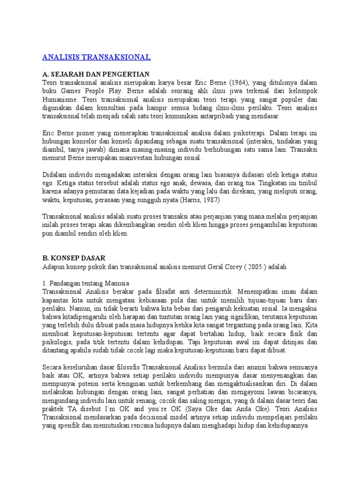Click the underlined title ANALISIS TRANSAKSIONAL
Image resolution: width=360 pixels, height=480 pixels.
click(x=97, y=57)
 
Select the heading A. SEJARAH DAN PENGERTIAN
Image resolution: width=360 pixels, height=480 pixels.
click(x=96, y=74)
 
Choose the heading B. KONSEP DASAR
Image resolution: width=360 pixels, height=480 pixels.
click(x=74, y=258)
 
